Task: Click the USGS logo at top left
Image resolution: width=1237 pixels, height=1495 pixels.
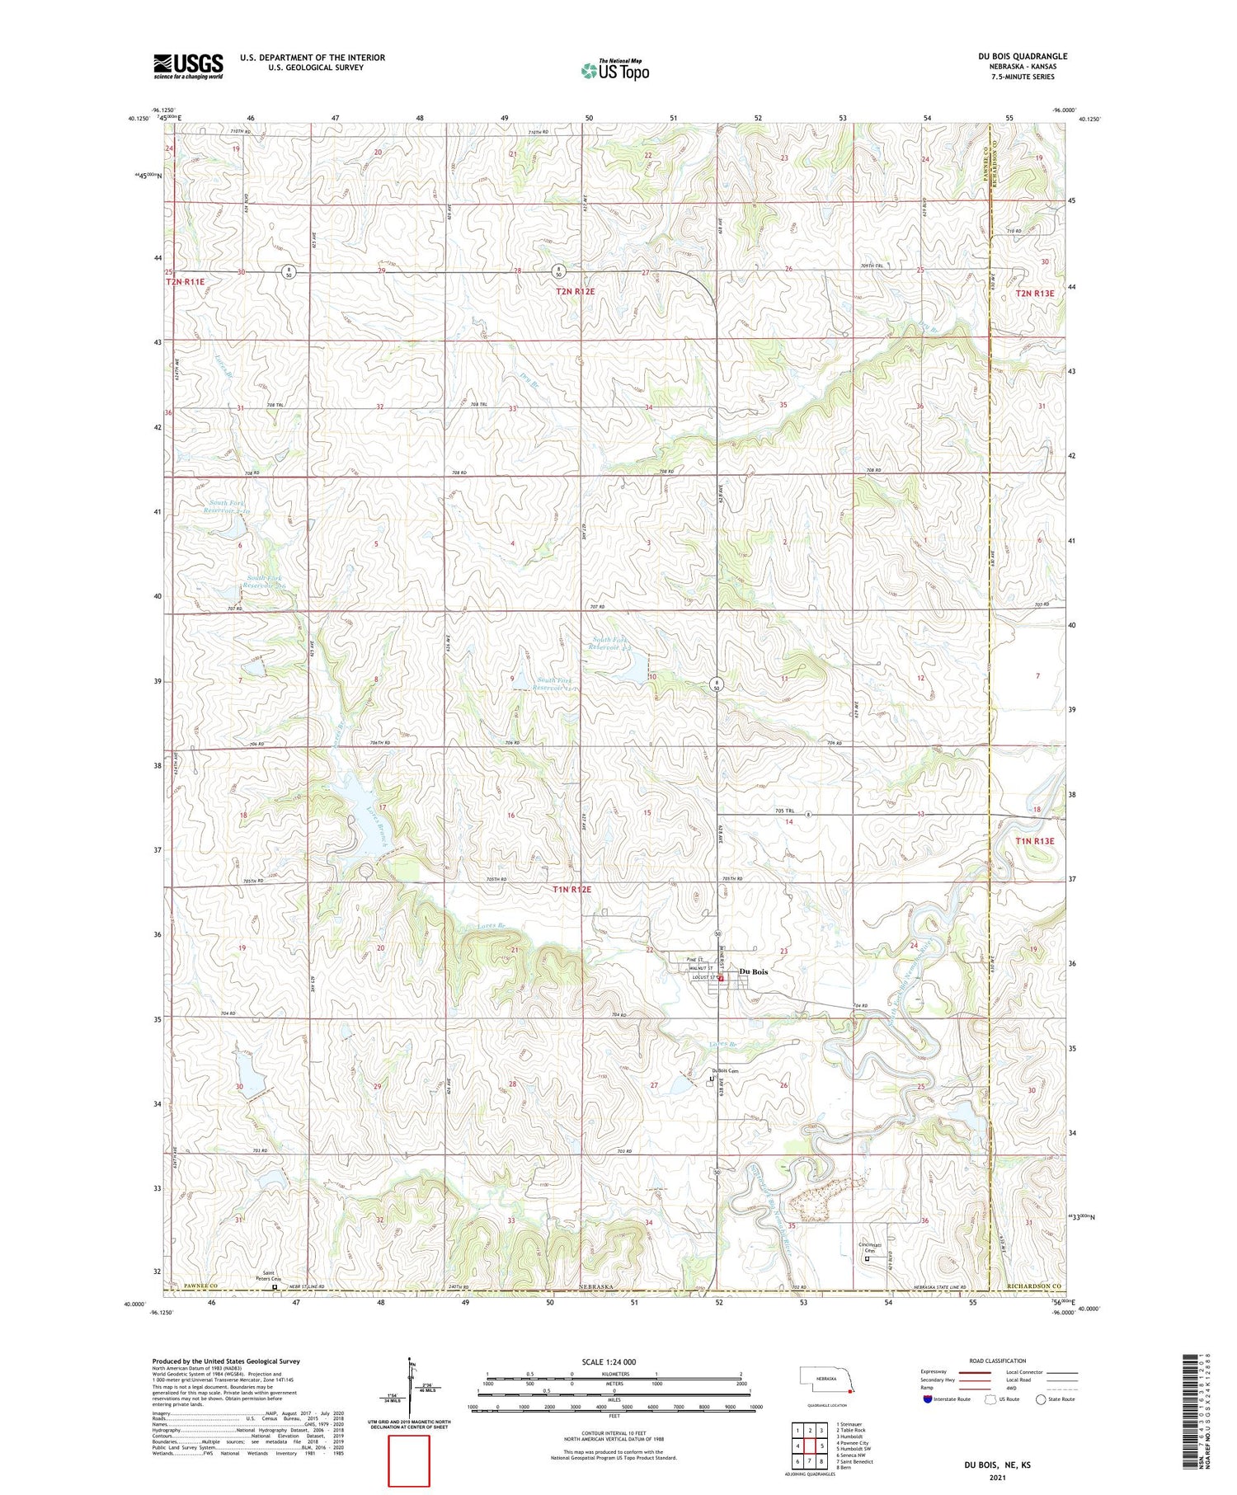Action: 188,66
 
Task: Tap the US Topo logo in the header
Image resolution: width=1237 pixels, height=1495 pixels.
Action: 614,71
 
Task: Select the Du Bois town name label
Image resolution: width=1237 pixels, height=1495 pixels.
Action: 754,971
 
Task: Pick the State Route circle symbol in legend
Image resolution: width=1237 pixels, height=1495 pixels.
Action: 1042,1399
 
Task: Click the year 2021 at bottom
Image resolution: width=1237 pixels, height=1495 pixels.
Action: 997,1476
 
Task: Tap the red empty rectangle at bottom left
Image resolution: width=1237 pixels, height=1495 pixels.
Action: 409,1460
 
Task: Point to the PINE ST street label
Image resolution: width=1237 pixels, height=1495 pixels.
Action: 695,960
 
